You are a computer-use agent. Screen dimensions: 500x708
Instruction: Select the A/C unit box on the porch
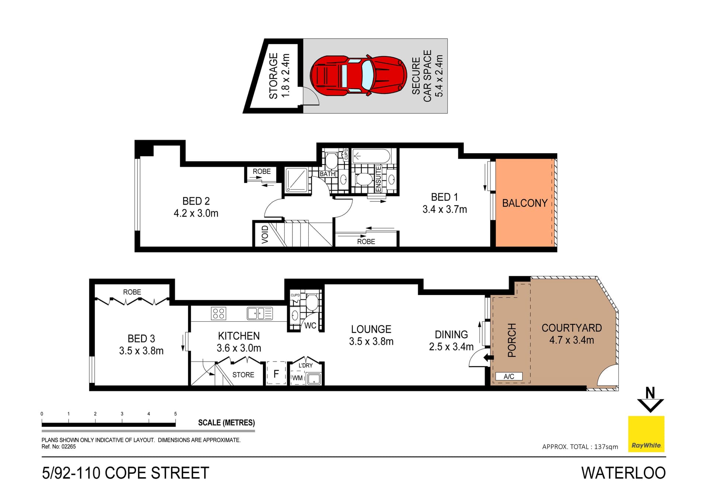509,376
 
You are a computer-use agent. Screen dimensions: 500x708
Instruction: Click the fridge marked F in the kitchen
276,374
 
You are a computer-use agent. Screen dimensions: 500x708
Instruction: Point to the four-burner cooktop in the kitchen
218,313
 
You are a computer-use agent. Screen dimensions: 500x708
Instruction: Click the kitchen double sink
260,313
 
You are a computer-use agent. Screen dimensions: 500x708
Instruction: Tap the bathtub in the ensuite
371,156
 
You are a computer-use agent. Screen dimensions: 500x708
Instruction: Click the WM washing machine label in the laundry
297,378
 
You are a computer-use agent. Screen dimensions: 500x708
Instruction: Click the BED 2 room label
196,201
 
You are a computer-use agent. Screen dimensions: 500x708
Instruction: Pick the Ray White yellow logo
646,434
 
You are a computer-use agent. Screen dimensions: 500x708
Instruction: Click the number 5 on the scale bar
176,414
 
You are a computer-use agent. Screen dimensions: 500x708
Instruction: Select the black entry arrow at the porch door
489,357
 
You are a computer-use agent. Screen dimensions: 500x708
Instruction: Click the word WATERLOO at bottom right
623,473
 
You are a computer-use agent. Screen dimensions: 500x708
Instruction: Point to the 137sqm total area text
606,447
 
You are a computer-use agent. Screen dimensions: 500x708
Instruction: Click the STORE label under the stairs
243,375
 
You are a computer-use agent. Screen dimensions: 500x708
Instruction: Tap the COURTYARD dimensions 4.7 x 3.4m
572,340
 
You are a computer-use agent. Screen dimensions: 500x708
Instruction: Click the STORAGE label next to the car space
273,76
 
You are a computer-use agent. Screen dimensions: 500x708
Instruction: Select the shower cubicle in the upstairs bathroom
296,180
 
